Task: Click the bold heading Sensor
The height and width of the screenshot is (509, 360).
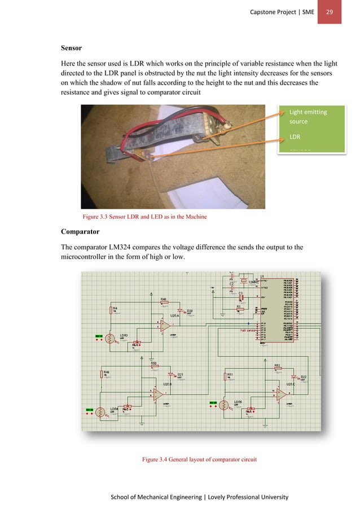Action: pos(72,49)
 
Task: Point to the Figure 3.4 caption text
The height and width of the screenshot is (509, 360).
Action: pos(200,459)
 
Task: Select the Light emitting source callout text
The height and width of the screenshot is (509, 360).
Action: pos(308,116)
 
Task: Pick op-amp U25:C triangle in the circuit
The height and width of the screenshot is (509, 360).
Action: pos(280,395)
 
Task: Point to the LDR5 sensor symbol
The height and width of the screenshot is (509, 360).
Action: pos(224,405)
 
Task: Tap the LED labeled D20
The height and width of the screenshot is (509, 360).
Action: pos(181,311)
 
